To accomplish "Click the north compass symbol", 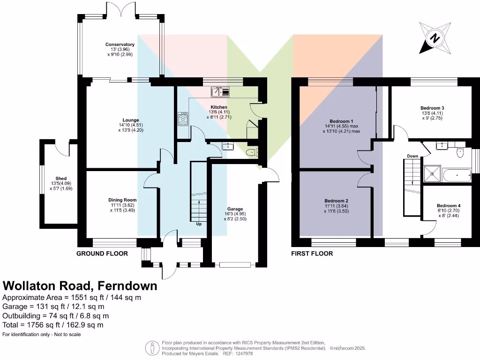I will (x=435, y=37).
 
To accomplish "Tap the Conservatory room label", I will (x=120, y=45).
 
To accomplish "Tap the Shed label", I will (x=61, y=178).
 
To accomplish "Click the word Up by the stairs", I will (x=199, y=224).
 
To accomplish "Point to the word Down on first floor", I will (x=412, y=156).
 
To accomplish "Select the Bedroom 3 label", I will (x=432, y=108).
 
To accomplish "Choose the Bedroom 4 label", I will (x=449, y=206).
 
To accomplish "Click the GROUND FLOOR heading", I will (x=102, y=254).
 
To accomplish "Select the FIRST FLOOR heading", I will (x=312, y=254).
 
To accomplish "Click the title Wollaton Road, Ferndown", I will (x=80, y=286).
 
